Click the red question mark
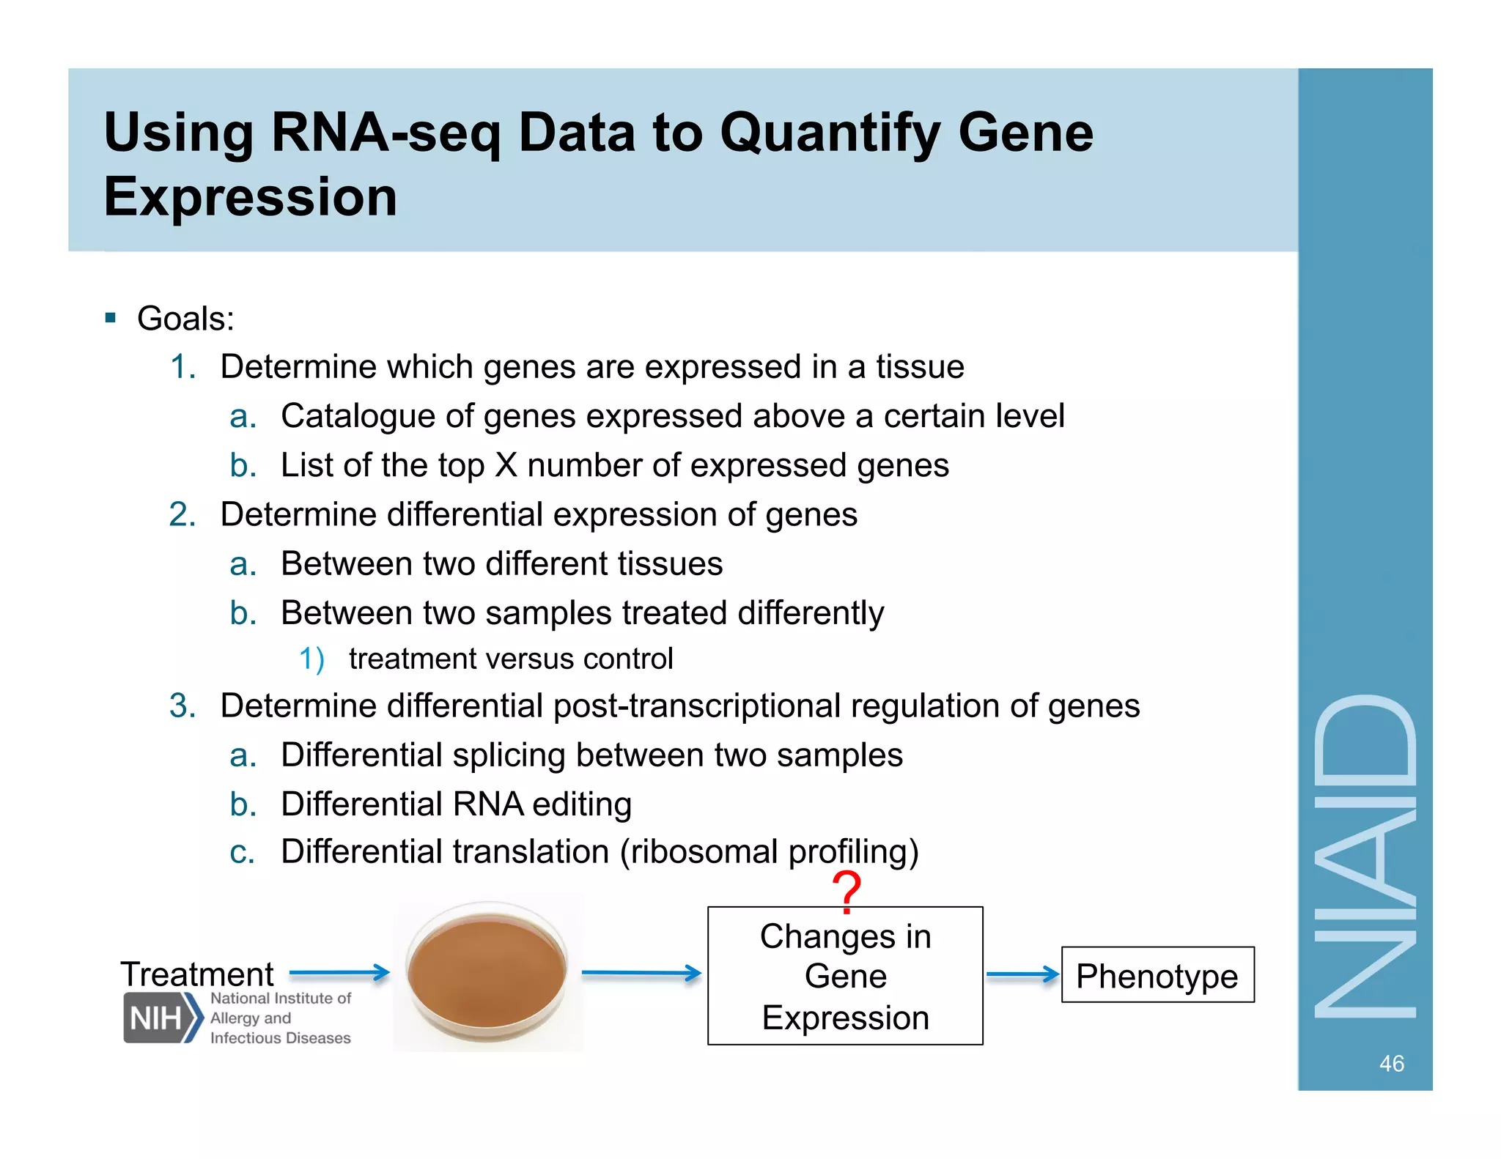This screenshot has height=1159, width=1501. [x=847, y=891]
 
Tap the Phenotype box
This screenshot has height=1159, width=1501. [x=1157, y=975]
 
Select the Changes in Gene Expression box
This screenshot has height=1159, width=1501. [x=845, y=976]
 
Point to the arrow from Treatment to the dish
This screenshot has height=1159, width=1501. [x=339, y=973]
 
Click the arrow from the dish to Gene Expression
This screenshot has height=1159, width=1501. [x=641, y=974]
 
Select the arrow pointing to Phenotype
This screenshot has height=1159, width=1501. [x=1022, y=974]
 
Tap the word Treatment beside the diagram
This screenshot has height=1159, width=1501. [x=196, y=974]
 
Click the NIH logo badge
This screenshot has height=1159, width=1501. [x=161, y=1018]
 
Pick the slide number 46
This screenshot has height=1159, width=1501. [x=1391, y=1063]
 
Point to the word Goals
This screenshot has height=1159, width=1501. [x=185, y=319]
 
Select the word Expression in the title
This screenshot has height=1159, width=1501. [x=250, y=197]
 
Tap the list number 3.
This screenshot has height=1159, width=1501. [x=182, y=706]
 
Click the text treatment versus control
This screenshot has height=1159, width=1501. [x=510, y=659]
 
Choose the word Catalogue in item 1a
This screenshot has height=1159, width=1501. [x=358, y=416]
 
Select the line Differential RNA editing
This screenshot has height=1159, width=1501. [x=456, y=804]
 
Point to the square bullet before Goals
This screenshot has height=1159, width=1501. [x=111, y=318]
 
